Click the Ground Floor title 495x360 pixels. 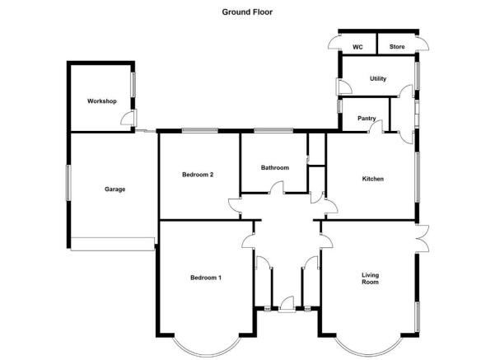click(247, 12)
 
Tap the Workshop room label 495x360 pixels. click(101, 101)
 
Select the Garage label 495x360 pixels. click(115, 189)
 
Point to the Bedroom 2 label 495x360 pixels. click(198, 175)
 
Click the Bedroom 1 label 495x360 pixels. click(206, 278)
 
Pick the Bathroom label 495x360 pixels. click(275, 168)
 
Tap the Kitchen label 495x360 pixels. click(373, 179)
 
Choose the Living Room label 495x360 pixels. click(371, 278)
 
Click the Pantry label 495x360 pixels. click(367, 119)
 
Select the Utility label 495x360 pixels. click(378, 78)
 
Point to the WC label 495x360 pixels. click(357, 47)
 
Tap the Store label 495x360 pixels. click(397, 47)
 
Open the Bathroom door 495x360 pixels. click(276, 187)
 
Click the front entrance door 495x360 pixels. click(287, 305)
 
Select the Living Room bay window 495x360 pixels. click(368, 354)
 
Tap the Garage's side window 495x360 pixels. click(68, 183)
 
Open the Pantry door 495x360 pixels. click(376, 126)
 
